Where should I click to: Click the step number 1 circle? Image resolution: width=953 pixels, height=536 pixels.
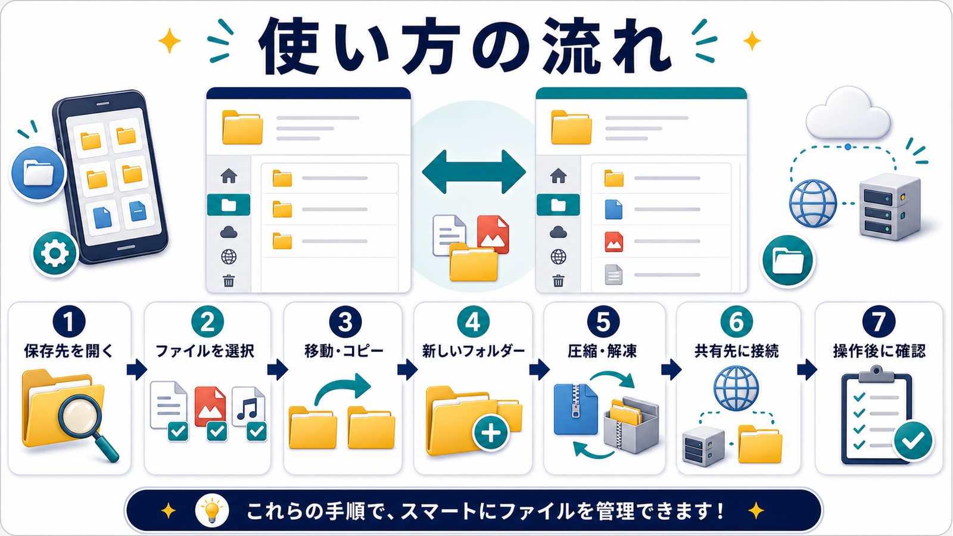(x=69, y=322)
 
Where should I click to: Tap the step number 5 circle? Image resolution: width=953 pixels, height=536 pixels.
(x=603, y=322)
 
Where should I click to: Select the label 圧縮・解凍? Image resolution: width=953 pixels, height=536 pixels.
(x=602, y=351)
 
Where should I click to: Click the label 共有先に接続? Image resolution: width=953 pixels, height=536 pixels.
(x=736, y=351)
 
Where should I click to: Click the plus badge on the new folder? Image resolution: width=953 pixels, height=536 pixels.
(x=491, y=432)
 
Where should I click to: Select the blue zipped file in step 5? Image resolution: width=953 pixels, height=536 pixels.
(x=575, y=409)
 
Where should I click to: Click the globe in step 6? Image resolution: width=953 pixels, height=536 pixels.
(x=736, y=388)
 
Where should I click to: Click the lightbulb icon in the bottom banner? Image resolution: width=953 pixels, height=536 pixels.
(x=211, y=510)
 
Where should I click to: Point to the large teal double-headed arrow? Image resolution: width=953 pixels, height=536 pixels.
(x=474, y=172)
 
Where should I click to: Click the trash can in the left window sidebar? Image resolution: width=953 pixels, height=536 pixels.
(x=229, y=281)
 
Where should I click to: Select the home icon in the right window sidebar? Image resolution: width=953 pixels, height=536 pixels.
(x=558, y=175)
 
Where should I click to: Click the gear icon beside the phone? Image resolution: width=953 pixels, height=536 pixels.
(x=54, y=253)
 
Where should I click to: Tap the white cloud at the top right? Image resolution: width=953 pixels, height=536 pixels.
(x=848, y=113)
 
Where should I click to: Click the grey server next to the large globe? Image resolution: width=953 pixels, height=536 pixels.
(x=890, y=206)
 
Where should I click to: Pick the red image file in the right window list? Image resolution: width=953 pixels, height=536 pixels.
(x=614, y=241)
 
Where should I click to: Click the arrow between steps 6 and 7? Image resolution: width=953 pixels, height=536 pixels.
(x=807, y=369)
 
